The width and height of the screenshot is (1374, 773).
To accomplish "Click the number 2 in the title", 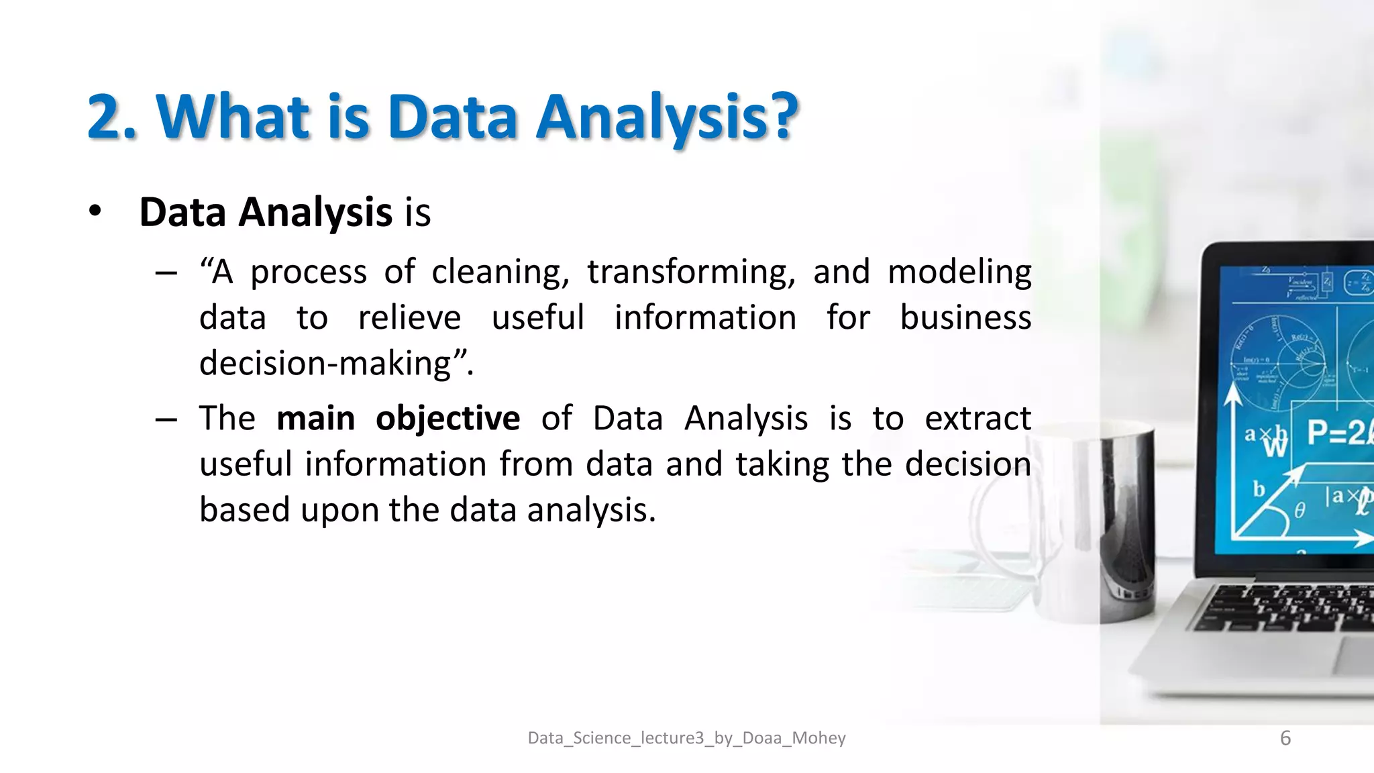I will (107, 117).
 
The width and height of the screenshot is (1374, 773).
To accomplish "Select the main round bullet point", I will (95, 211).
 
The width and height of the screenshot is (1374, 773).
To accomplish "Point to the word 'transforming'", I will (691, 273).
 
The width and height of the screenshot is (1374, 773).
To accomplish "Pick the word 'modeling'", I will (959, 273).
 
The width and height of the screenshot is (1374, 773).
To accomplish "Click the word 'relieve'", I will (409, 317).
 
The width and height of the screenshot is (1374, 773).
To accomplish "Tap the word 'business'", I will (965, 317).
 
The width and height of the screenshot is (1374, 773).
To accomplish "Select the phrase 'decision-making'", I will (325, 364).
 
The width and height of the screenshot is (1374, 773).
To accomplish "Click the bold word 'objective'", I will (447, 419).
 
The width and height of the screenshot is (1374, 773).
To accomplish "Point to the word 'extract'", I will (977, 419).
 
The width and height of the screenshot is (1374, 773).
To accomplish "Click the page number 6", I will (1285, 738).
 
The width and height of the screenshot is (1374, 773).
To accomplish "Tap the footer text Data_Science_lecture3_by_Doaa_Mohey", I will (686, 738).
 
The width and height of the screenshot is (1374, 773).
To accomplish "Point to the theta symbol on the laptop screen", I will (1300, 511).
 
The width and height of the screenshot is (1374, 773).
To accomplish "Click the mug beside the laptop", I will (1100, 523).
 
